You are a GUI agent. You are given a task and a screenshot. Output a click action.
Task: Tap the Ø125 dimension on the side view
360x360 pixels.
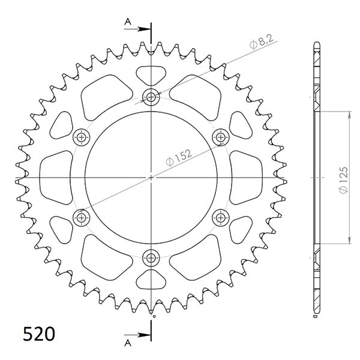(341, 178)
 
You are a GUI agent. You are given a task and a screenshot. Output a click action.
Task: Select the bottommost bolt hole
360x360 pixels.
(151, 259)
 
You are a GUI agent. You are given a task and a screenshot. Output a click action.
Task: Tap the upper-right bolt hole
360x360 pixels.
(221, 137)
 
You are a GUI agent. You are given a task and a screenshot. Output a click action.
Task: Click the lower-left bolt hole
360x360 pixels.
(80, 217)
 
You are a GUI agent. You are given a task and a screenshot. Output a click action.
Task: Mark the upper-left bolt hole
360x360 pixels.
(80, 137)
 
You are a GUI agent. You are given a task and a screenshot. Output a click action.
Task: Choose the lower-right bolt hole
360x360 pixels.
(221, 217)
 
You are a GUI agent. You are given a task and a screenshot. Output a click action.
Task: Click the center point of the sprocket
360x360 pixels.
(151, 177)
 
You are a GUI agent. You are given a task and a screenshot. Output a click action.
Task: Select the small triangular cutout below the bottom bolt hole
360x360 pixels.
(151, 281)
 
